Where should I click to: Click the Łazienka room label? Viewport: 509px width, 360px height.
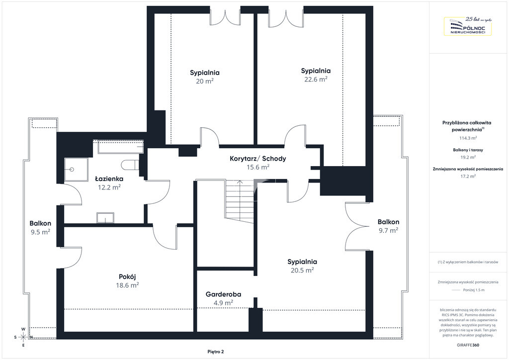tap(109, 179)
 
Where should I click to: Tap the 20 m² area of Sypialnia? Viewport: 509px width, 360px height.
tap(204, 81)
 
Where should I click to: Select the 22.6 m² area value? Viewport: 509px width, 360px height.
tap(316, 79)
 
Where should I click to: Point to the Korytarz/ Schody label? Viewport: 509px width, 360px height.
tap(258, 159)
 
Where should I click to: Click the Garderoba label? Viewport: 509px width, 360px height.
tap(223, 294)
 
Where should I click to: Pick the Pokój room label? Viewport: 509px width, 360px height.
tap(127, 277)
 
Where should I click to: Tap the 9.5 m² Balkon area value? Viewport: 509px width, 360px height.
tap(40, 232)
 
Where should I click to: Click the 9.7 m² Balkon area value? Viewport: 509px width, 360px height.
tap(388, 230)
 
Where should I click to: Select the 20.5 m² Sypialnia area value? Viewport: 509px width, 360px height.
tap(302, 270)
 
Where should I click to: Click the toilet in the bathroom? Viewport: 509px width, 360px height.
tap(130, 165)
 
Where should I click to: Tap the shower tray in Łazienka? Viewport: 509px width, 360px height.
tap(76, 170)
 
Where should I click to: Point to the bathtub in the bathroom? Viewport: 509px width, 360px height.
tap(120, 147)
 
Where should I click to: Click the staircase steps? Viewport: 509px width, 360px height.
tap(240, 201)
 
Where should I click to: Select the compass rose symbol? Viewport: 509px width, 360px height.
tap(23, 337)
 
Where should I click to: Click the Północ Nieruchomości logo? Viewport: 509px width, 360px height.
tap(467, 26)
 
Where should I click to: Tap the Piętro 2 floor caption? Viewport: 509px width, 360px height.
tap(216, 352)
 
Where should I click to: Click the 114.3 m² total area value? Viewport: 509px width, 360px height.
tap(468, 138)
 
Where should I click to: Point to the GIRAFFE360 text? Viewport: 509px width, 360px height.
tap(467, 345)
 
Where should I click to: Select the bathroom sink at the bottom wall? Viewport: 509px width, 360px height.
tap(105, 218)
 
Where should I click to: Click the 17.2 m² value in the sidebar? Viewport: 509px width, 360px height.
tap(468, 176)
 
